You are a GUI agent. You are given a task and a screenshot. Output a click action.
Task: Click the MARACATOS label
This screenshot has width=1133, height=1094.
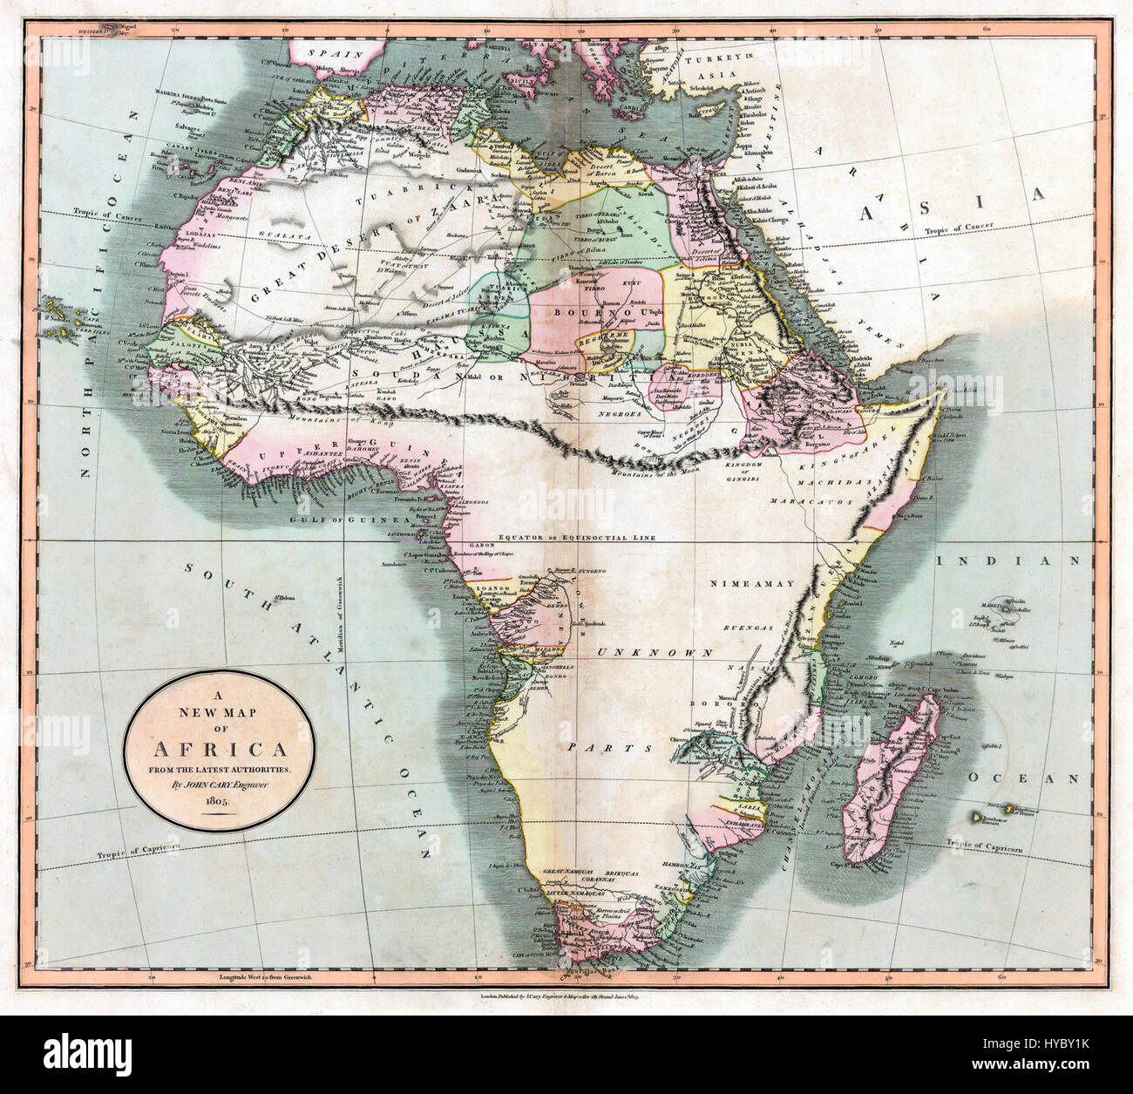tap(807, 502)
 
